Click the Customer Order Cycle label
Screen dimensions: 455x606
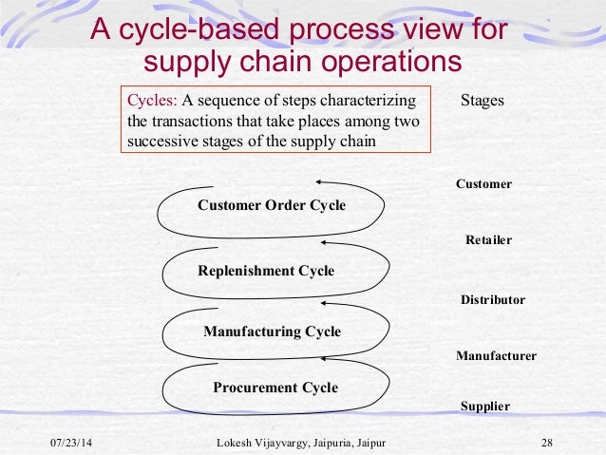(272, 205)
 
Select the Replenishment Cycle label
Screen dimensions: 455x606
(266, 271)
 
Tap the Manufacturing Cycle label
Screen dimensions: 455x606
(272, 332)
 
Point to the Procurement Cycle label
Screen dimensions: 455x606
(275, 388)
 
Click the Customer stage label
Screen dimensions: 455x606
(483, 184)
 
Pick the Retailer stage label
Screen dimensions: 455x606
(488, 240)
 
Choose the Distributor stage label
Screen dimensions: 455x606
(492, 300)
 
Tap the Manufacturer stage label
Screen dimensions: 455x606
(496, 356)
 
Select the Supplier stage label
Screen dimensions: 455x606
(484, 407)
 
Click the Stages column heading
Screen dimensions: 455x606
(482, 101)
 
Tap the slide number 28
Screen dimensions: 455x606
(546, 444)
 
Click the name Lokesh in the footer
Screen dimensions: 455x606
(237, 444)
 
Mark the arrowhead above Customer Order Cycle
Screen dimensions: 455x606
(321, 182)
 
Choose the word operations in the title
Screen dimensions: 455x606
(385, 62)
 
